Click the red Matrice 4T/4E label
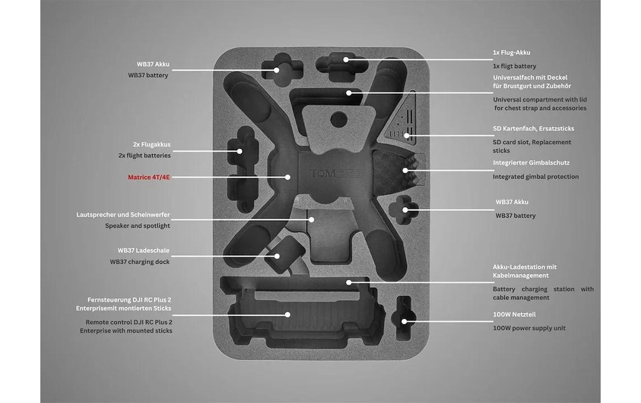[149, 177]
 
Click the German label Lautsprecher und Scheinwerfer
[123, 215]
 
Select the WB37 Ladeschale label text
[143, 250]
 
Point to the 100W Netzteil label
[515, 314]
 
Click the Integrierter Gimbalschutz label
[531, 163]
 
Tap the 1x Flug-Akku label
[511, 53]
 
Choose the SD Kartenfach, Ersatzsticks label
[533, 128]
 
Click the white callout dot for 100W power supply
[404, 321]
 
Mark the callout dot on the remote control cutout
[288, 314]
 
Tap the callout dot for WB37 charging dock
[277, 257]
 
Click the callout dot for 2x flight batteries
[240, 151]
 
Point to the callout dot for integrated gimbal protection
[405, 170]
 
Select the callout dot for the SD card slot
[407, 136]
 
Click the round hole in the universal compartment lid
[339, 120]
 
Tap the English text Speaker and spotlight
[137, 226]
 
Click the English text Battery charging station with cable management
[543, 293]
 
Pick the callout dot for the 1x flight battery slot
[346, 59]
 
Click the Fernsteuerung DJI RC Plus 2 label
[123, 304]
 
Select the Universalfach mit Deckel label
[532, 82]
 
